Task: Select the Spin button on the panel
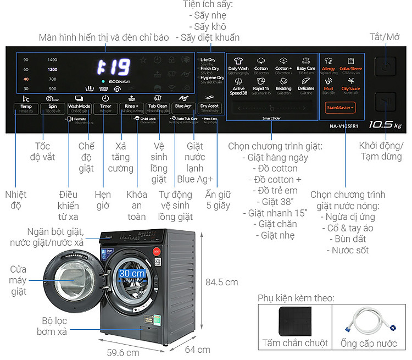[x=52, y=107]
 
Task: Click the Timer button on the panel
[x=105, y=107]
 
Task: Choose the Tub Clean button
[x=158, y=107]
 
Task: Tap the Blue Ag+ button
[x=183, y=107]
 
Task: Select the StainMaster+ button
[x=340, y=108]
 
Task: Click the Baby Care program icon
[x=306, y=65]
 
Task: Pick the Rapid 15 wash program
[x=261, y=86]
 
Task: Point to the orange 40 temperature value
[x=26, y=79]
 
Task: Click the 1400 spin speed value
[x=52, y=60]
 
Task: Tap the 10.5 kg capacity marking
[x=386, y=124]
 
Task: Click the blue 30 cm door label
[x=131, y=273]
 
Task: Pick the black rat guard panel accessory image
[x=294, y=322]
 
